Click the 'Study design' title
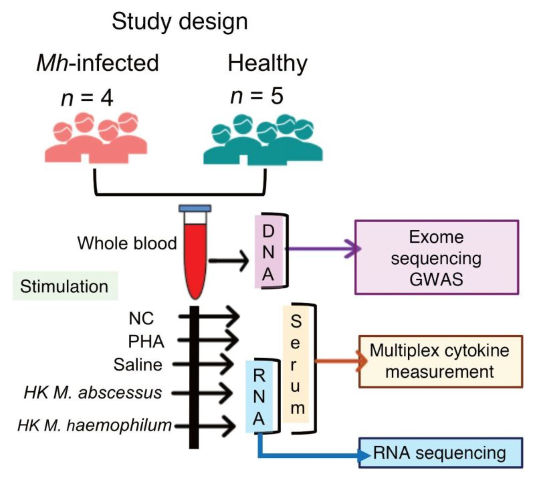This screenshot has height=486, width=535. [179, 22]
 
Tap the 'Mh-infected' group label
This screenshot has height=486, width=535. [98, 63]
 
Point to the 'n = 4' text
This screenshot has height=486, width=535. [87, 98]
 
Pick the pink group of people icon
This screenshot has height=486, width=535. [96, 139]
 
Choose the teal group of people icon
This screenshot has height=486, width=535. [263, 140]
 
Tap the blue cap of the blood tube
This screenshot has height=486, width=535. [195, 208]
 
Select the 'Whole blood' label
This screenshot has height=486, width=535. [127, 243]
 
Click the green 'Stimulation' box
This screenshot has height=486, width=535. [65, 286]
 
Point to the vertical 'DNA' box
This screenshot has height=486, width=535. [268, 252]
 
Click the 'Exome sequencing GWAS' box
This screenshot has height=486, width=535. [437, 257]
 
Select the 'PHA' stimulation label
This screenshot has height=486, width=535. [146, 342]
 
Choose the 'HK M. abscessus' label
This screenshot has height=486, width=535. [93, 393]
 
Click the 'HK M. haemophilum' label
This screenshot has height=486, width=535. [94, 425]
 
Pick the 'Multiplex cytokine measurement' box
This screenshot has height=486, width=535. [440, 361]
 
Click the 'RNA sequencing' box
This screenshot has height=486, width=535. [440, 453]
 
